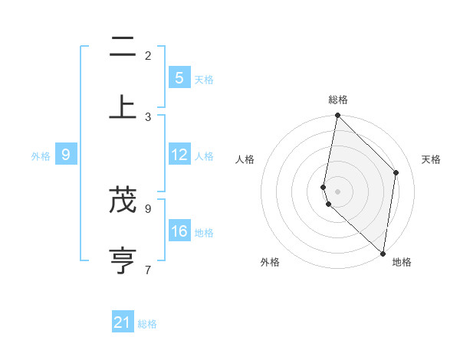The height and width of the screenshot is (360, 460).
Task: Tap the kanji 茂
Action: point(123,201)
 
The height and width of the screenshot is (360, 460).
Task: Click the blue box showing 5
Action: point(179,78)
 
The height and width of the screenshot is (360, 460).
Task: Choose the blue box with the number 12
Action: point(179,155)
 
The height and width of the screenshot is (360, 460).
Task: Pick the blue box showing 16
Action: point(179,231)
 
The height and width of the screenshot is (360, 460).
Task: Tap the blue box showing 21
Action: point(123,323)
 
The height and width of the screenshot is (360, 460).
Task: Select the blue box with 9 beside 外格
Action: point(66,155)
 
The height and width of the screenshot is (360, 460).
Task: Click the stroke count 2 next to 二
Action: point(148,55)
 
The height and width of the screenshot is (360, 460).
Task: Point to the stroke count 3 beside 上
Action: point(148,116)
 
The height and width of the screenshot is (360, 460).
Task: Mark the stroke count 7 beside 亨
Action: point(148,269)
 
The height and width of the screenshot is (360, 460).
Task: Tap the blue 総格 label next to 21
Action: point(147,324)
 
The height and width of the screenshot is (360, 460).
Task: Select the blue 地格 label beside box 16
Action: point(204,233)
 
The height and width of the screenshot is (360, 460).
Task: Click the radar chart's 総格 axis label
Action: point(338,100)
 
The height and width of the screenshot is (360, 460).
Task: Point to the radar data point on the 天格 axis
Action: point(396,172)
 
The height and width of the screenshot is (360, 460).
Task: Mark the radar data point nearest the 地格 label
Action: point(382,253)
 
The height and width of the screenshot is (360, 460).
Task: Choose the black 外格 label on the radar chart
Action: point(270,263)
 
